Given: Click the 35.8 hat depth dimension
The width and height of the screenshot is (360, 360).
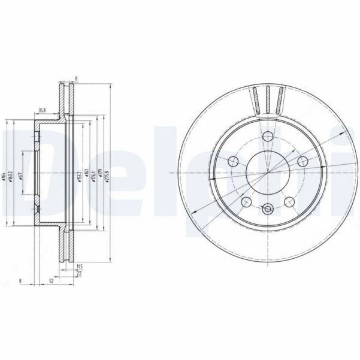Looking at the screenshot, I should click(43, 110).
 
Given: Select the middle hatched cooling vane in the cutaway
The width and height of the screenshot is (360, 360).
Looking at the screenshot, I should click(268, 99).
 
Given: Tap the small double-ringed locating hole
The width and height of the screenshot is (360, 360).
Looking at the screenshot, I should click(268, 209).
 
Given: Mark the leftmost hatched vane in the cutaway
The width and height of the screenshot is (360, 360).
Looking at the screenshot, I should click(258, 99).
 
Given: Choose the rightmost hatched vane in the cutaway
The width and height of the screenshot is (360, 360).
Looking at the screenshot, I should click(278, 99).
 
